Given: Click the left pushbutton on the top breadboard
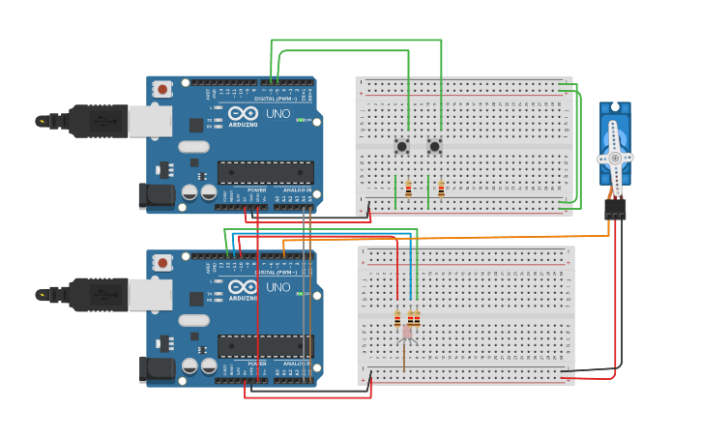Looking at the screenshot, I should point(401,146).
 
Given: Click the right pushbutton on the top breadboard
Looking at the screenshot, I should point(435,146).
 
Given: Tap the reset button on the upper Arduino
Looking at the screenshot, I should point(162,89).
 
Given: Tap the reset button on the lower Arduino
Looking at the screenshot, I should point(162,262).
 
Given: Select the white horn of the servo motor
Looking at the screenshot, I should point(614,158).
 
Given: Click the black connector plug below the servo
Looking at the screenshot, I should point(615,209).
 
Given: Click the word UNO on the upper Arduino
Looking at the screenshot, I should point(278,114).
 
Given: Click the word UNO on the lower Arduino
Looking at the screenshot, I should point(278,287).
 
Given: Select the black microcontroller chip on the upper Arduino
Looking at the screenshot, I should point(265,173).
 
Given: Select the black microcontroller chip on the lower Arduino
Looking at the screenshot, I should point(265,346).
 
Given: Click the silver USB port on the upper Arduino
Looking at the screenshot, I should point(150,121).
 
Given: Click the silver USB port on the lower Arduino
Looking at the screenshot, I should point(150,294).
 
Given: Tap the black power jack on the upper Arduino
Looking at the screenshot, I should point(157,196).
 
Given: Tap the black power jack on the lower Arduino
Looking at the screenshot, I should point(157,369).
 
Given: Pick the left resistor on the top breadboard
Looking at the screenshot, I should point(408,189).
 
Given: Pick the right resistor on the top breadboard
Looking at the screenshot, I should point(441,189).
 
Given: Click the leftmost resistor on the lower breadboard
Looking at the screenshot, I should point(396,319).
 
